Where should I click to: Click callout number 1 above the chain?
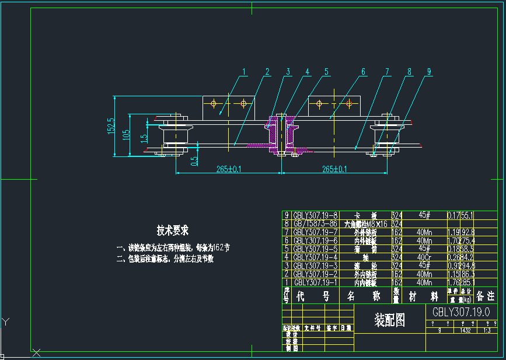tap(245, 72)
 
